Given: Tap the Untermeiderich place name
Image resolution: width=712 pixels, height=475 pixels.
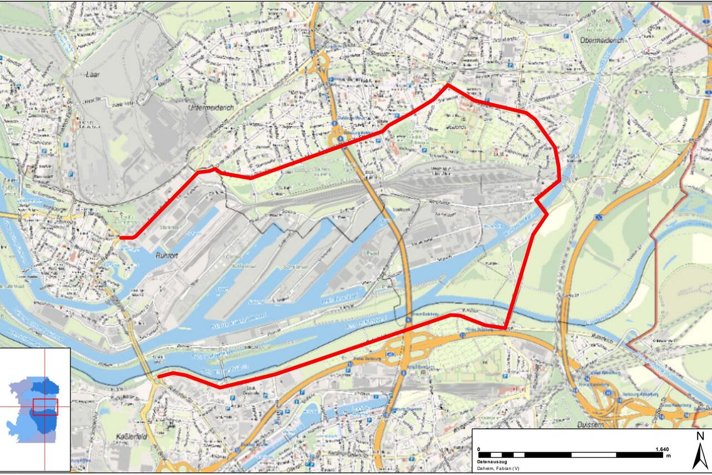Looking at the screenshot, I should [211, 107].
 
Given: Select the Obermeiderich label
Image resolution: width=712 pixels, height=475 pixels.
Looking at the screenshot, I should [602, 41].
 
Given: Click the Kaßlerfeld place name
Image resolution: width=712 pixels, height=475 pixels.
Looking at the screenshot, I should [131, 437].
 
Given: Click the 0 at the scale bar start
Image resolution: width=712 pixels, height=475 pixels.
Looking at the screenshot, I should [479, 449].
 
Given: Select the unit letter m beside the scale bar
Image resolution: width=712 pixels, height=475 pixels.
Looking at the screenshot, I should [669, 456].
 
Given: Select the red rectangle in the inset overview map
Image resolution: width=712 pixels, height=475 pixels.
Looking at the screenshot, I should [45, 407].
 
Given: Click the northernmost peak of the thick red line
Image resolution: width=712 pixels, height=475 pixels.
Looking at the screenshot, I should [448, 85].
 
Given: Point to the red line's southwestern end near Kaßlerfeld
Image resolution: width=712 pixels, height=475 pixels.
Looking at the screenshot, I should [159, 376].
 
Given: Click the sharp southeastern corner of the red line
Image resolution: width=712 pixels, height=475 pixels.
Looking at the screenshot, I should [505, 328].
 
